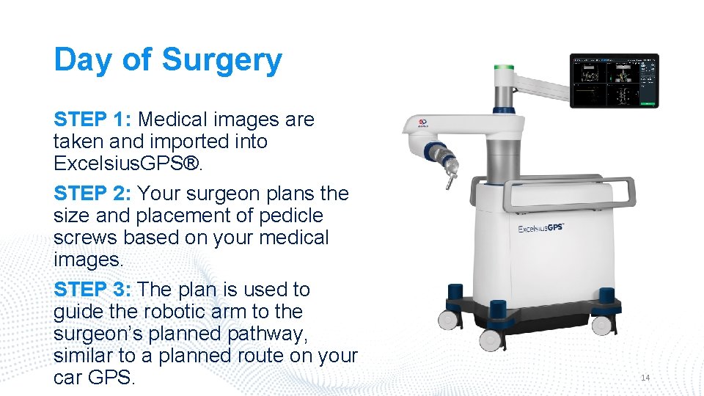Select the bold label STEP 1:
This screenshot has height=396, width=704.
(x=92, y=119)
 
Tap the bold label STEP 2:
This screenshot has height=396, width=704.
(x=92, y=194)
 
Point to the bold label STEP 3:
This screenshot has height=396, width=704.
(x=92, y=290)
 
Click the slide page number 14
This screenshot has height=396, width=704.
(x=645, y=378)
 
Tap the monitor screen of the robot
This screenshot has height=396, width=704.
(x=615, y=81)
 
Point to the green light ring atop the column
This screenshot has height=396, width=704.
(x=504, y=67)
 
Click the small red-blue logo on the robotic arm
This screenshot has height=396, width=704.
(x=422, y=125)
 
